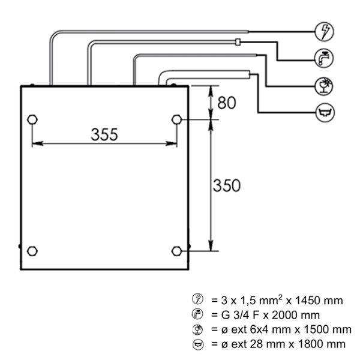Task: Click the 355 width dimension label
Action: point(104,134)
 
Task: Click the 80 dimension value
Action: point(226,103)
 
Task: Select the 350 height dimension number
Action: point(227,185)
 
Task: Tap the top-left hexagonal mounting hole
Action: point(32,119)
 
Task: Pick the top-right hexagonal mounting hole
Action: point(176,119)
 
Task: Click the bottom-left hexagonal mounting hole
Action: point(32,251)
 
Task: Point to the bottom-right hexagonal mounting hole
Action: point(176,251)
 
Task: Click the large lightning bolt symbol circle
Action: point(324,32)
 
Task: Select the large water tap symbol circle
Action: point(324,58)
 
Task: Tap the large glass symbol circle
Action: point(324,86)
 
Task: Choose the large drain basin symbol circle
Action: point(325,113)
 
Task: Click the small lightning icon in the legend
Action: point(197,299)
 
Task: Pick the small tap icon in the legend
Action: point(197,314)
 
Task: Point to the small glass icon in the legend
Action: point(197,329)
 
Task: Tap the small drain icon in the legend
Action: point(197,344)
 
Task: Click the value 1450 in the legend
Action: point(307,301)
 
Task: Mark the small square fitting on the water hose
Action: point(238,42)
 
